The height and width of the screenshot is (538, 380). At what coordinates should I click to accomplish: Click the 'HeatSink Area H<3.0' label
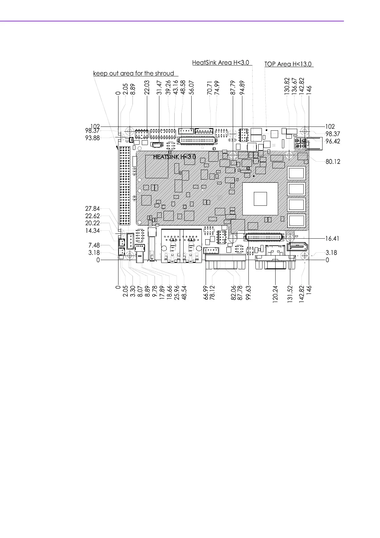click(x=220, y=63)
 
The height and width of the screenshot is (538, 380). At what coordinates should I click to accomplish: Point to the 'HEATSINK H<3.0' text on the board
click(x=174, y=157)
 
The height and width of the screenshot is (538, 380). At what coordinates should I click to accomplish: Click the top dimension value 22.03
click(x=147, y=88)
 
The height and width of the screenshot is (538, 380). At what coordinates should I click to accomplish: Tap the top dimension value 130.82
click(x=286, y=86)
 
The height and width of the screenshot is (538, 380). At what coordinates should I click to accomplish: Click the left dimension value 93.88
click(x=93, y=138)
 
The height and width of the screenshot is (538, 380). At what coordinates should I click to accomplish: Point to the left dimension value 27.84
click(x=93, y=209)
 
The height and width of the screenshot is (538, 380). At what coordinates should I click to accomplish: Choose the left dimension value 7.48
click(x=94, y=245)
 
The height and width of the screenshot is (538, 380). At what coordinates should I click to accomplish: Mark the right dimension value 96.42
click(x=333, y=141)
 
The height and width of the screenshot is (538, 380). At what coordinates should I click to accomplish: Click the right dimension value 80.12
click(x=333, y=162)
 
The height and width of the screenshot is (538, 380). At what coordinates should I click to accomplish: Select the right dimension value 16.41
click(x=332, y=238)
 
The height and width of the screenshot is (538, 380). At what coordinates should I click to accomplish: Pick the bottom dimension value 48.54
click(x=184, y=292)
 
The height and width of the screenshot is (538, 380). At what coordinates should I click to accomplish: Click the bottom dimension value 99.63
click(x=249, y=292)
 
